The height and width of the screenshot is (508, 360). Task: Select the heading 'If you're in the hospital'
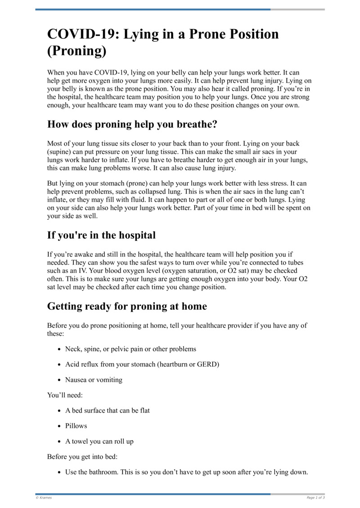tap(101, 235)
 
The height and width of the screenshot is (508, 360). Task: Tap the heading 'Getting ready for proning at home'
tap(127, 307)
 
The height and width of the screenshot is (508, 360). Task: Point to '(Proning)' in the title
tap(77, 51)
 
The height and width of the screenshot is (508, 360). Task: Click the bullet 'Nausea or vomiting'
tap(94, 380)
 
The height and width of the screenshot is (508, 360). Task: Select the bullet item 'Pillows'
tap(76, 426)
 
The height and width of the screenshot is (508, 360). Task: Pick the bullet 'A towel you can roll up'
tap(99, 441)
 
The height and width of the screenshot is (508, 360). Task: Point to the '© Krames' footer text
tap(44, 498)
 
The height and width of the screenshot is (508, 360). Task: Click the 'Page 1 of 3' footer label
tap(315, 498)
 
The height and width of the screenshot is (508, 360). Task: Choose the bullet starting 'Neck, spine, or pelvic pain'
tap(130, 349)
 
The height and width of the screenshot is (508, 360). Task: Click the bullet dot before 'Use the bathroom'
tap(60, 472)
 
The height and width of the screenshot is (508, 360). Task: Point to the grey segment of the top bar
tap(297, 9)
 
